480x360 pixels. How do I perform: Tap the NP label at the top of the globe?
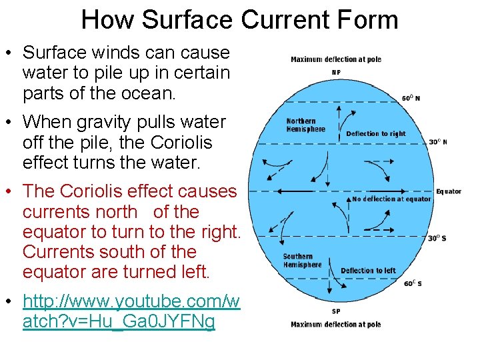point(336,72)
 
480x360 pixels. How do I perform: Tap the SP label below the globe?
point(336,311)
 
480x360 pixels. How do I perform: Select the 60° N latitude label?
point(411,98)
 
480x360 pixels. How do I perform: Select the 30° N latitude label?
point(437,141)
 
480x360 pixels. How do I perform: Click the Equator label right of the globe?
point(448,191)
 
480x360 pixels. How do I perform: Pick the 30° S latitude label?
point(437,238)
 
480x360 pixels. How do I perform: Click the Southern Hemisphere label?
point(301,261)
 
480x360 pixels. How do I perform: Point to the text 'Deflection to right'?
point(375,133)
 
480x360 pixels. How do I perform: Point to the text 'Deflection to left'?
point(368,271)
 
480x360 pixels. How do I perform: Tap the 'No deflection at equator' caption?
point(391,199)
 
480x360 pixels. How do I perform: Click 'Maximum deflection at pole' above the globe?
point(336,59)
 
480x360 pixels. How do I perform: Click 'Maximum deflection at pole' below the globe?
point(336,325)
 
